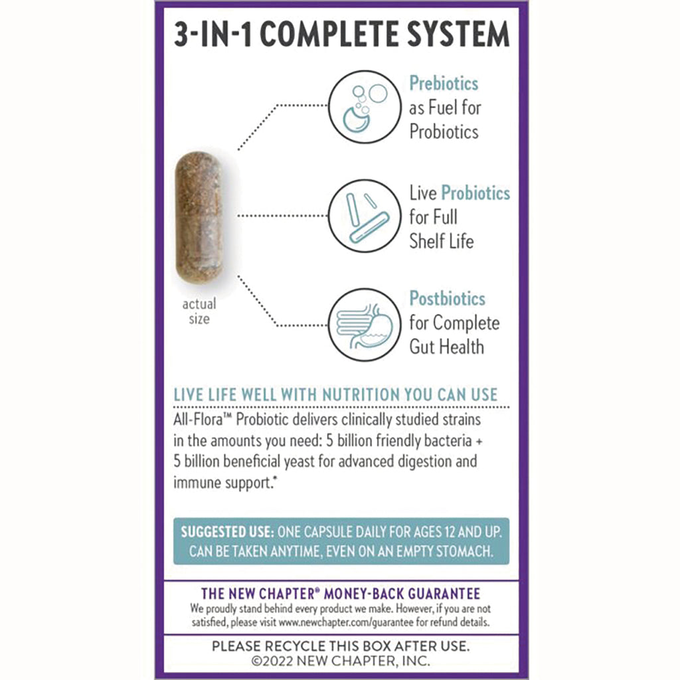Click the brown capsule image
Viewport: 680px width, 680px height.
click(198, 217)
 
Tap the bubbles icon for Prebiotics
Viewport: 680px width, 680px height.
click(365, 106)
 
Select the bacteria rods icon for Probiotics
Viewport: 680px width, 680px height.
click(365, 215)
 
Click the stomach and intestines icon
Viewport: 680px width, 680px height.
click(365, 324)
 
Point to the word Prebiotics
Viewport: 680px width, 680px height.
click(444, 84)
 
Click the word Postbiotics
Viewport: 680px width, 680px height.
click(447, 299)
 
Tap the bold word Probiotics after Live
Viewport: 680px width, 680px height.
click(475, 193)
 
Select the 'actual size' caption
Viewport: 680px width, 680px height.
click(199, 311)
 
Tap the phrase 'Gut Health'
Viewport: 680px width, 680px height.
click(446, 347)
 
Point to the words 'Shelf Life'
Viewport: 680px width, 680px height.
click(441, 241)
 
